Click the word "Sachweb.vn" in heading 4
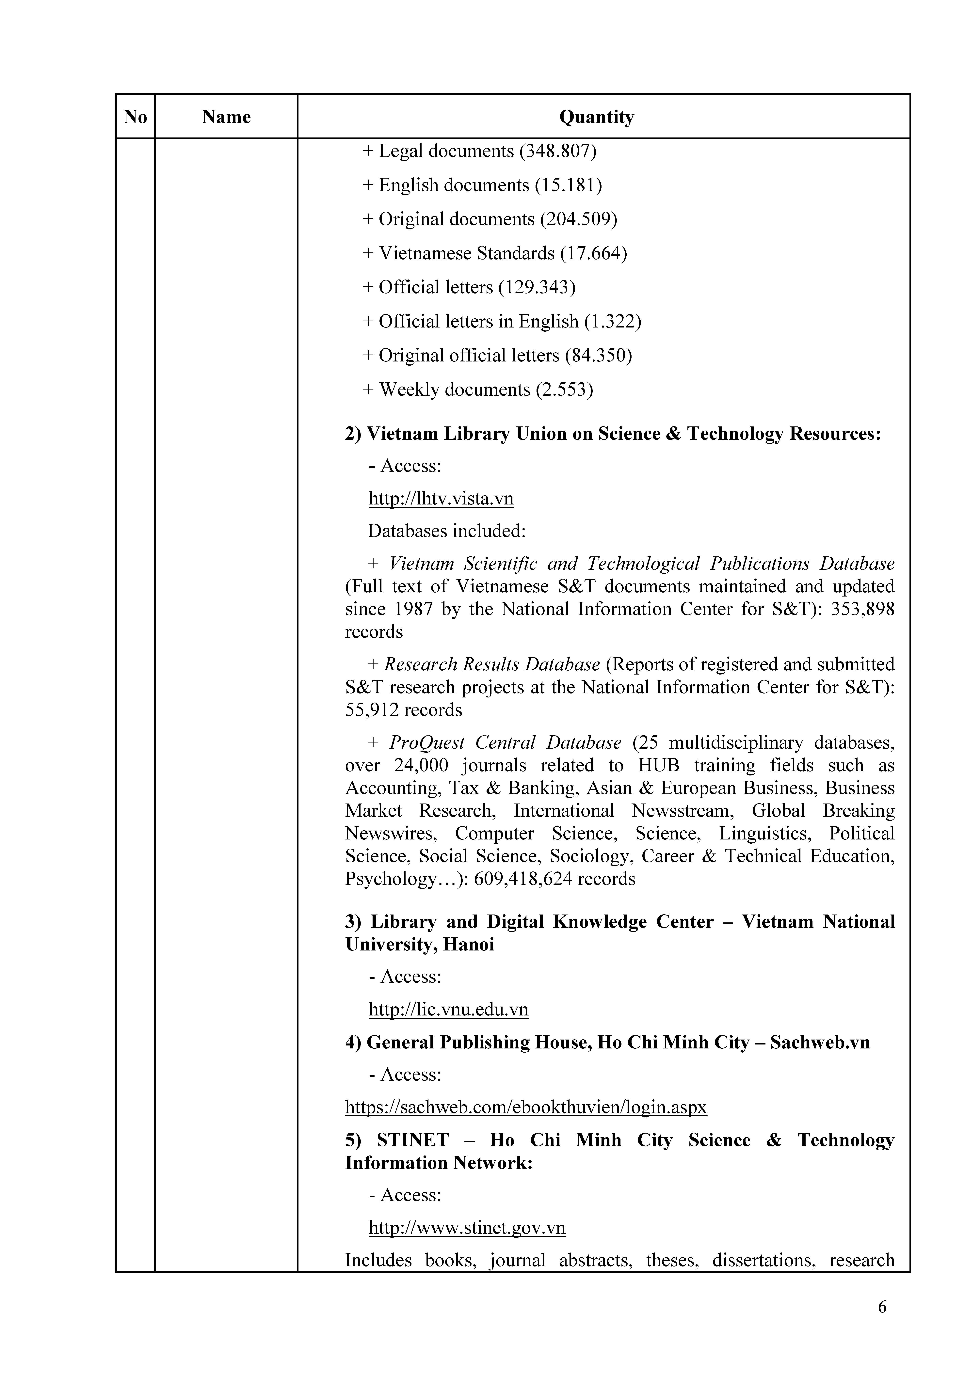click(820, 1043)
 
